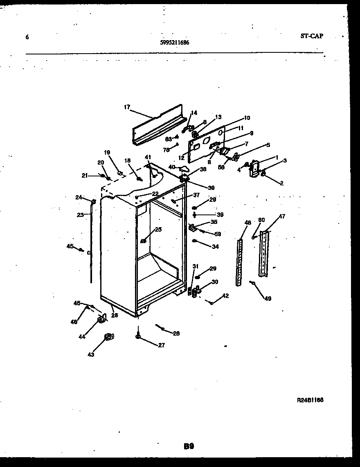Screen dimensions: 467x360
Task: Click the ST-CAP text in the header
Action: click(x=311, y=36)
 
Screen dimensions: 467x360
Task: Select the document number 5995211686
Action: click(x=175, y=42)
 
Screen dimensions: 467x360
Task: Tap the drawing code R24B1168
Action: click(x=310, y=400)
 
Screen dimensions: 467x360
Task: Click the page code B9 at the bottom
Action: click(x=189, y=447)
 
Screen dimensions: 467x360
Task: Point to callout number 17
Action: click(x=126, y=107)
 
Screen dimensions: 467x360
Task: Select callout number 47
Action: click(x=282, y=216)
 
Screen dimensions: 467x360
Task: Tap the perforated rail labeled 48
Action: click(x=239, y=262)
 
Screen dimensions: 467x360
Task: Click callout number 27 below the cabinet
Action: click(x=161, y=345)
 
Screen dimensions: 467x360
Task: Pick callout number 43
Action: click(x=91, y=354)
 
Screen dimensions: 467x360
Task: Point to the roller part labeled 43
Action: click(x=108, y=337)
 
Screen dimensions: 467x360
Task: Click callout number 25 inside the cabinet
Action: click(x=158, y=230)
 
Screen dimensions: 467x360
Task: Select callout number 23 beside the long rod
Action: click(x=81, y=214)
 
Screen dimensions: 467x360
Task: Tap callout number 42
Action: click(x=225, y=296)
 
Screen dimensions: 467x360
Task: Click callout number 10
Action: click(x=246, y=118)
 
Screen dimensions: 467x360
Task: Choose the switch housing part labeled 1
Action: click(x=254, y=169)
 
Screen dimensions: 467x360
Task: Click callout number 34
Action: click(x=215, y=246)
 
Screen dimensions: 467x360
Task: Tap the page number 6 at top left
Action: click(x=27, y=37)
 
